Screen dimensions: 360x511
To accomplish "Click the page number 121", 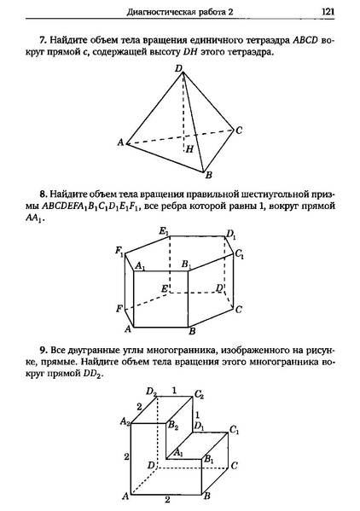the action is [328, 11].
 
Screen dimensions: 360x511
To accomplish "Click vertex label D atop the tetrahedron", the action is [178, 67].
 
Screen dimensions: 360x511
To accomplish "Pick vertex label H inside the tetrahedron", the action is [189, 149].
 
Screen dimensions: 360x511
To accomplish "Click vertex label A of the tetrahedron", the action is [120, 142].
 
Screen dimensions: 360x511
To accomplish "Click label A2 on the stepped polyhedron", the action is [125, 421].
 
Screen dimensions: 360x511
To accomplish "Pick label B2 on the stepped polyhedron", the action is [173, 424].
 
